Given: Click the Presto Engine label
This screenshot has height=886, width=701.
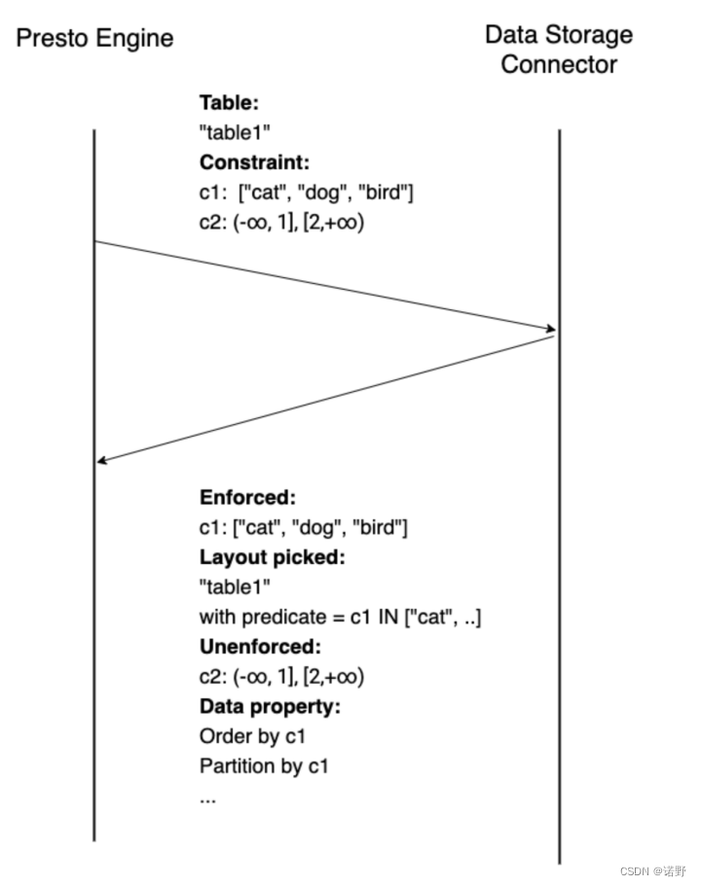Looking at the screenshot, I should click(94, 39).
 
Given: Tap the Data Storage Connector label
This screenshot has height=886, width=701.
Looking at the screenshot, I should click(559, 50).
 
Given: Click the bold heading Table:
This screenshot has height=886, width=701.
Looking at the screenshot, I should click(229, 102).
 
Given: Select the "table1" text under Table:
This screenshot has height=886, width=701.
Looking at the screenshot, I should click(235, 132).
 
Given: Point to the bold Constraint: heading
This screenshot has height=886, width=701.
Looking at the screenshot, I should click(254, 162).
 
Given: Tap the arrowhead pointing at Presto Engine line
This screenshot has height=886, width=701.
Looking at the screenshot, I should click(102, 460).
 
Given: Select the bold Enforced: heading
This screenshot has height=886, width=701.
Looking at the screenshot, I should click(247, 497).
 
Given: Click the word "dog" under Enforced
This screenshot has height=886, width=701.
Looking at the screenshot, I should click(318, 528).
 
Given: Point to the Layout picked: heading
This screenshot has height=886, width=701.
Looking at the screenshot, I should click(273, 557).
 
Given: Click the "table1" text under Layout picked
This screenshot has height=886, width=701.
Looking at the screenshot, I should click(235, 587).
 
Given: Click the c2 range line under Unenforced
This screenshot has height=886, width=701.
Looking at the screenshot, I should click(281, 676).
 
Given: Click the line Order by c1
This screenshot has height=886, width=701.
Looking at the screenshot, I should click(252, 735).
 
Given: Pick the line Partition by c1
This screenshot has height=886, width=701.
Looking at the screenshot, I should click(264, 765).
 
